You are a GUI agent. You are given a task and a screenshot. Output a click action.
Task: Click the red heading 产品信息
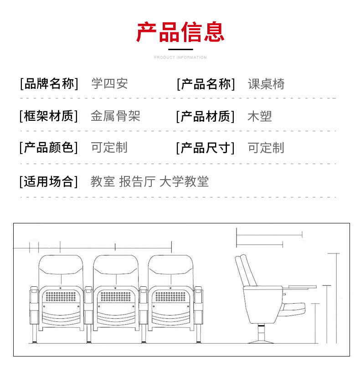tap(180, 31)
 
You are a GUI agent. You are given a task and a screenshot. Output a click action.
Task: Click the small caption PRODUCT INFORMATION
tap(180, 57)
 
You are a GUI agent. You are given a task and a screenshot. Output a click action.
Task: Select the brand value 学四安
tap(109, 84)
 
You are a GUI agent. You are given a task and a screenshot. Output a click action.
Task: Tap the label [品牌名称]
tap(49, 84)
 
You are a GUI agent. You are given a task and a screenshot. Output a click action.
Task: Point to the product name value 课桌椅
tap(266, 84)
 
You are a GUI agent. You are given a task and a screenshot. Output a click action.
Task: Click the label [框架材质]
tap(49, 116)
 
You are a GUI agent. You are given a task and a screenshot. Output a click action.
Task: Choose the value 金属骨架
tap(115, 116)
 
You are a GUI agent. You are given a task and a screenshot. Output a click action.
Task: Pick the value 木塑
tap(260, 116)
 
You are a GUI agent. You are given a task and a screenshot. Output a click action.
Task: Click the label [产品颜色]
tap(49, 148)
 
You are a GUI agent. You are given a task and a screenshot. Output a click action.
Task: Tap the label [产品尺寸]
tap(206, 148)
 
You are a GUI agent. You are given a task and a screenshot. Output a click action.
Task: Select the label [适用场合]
tap(49, 181)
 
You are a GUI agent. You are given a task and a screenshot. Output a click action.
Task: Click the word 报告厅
tap(137, 181)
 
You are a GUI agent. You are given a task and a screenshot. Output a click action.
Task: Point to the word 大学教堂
tap(184, 181)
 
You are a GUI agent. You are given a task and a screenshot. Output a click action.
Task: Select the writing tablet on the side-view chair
tap(301, 287)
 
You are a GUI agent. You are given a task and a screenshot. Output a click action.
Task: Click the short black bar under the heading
tap(180, 49)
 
